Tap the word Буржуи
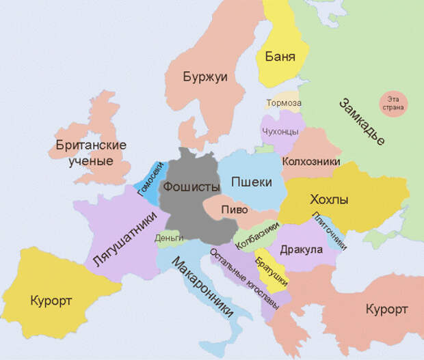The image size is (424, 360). [204, 77]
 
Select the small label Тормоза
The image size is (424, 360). [283, 103]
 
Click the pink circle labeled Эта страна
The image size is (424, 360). [393, 104]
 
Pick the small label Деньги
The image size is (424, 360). [170, 238]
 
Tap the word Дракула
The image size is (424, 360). [301, 249]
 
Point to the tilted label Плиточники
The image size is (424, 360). [329, 231]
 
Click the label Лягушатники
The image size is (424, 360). [127, 240]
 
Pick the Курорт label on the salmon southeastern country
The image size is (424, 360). [386, 309]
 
